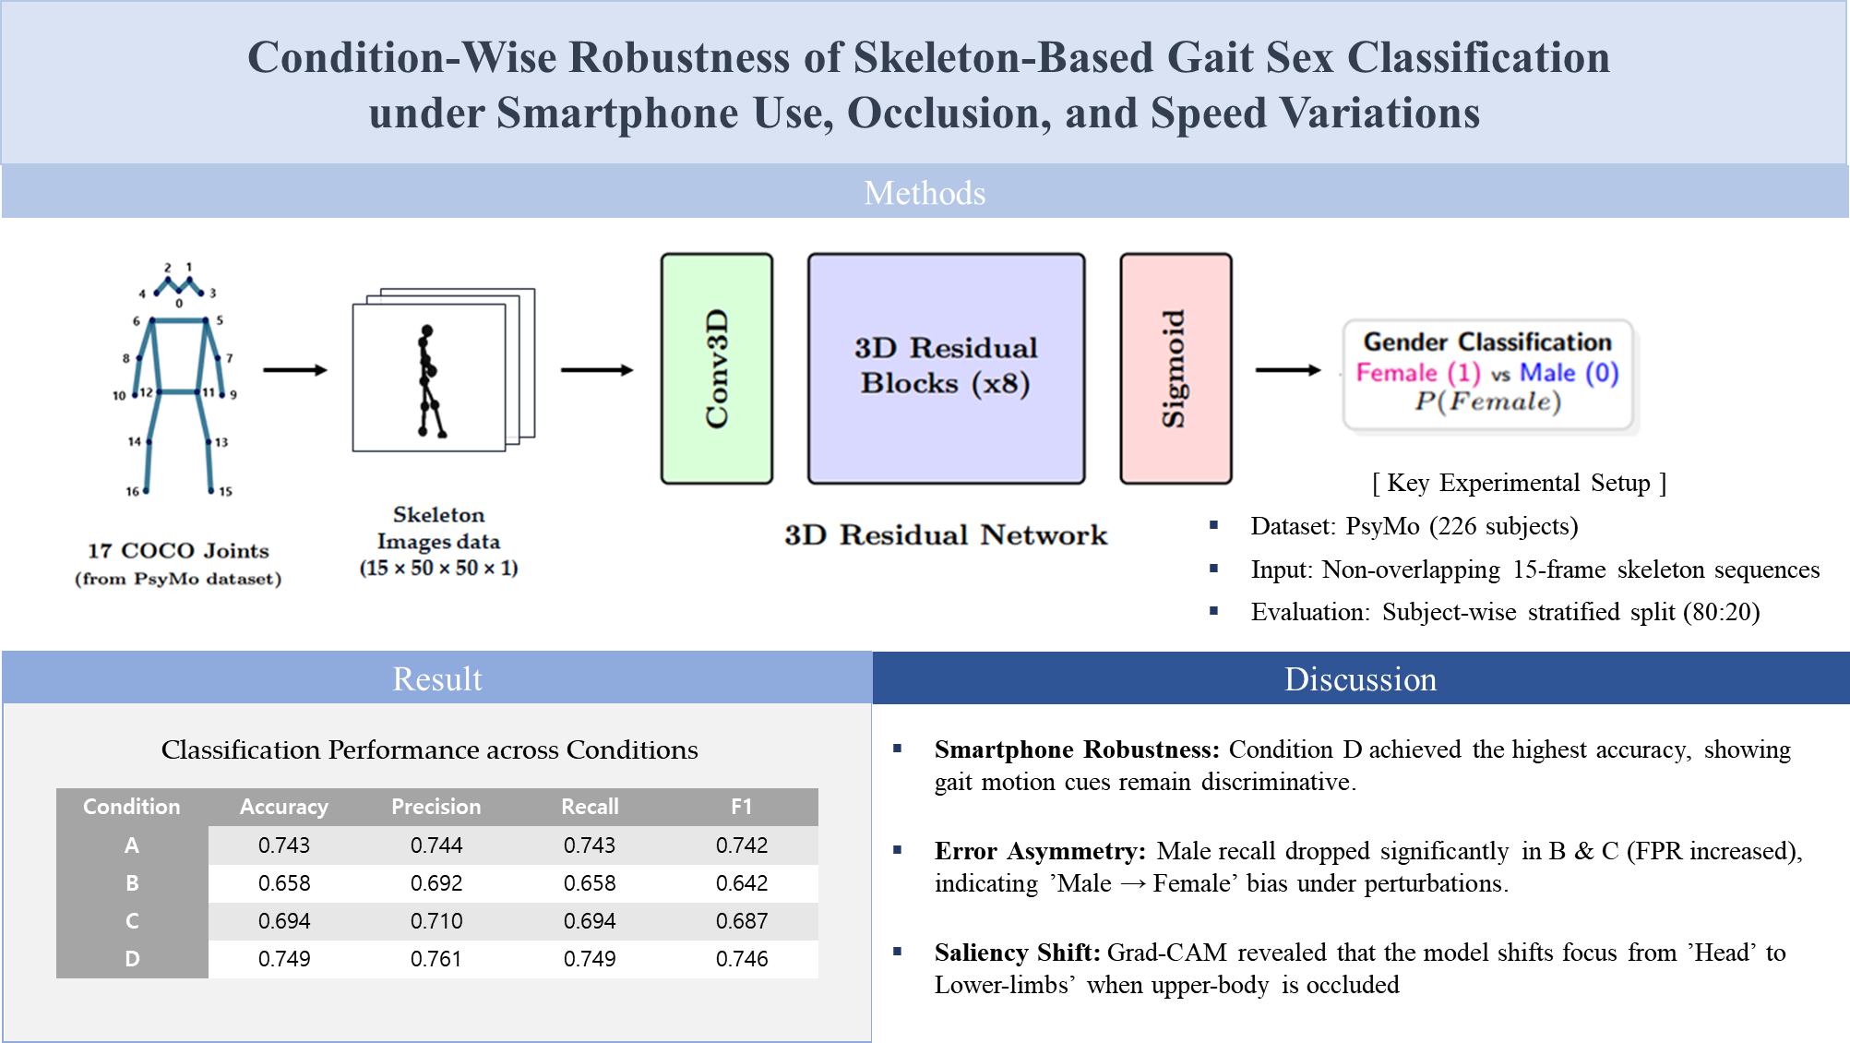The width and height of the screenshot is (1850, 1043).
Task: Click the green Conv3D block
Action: click(x=716, y=368)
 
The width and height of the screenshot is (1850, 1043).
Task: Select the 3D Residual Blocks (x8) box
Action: click(x=946, y=368)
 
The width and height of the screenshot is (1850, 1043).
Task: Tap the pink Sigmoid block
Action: click(x=1175, y=368)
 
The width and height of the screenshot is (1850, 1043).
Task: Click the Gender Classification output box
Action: click(x=1488, y=374)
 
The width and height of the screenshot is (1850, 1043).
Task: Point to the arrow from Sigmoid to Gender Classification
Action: click(x=1288, y=370)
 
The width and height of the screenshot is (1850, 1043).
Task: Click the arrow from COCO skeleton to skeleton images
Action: click(x=294, y=370)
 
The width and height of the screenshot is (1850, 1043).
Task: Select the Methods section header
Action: click(x=925, y=193)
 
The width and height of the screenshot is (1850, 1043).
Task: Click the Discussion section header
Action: click(x=1360, y=679)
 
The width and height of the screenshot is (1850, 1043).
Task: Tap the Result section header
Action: click(x=436, y=679)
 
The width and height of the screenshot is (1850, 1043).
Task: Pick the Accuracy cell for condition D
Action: click(x=284, y=959)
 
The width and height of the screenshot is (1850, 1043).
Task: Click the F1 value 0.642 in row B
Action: click(x=742, y=883)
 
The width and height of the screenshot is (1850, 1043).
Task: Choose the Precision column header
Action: click(x=436, y=807)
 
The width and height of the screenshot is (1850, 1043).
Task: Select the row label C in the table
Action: click(x=132, y=921)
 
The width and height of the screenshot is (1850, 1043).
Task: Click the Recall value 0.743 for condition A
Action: click(x=590, y=845)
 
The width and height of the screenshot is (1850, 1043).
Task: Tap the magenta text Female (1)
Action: click(x=1417, y=373)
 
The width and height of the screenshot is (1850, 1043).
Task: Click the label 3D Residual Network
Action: click(x=946, y=535)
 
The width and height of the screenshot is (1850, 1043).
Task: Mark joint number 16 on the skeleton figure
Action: click(x=145, y=490)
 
